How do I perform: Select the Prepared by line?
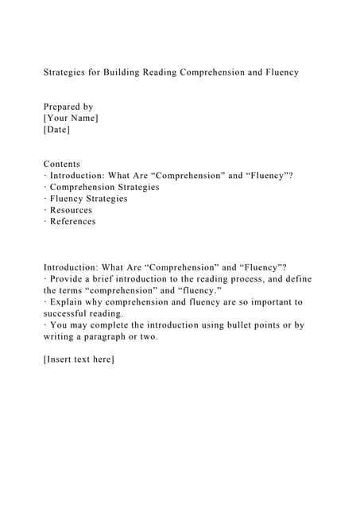coord(68,107)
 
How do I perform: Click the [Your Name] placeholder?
coord(71,118)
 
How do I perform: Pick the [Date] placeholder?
coord(56,129)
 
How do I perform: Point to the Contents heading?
coord(61,164)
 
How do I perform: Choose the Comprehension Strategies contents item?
coord(104,187)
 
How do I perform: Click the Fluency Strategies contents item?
coord(88,199)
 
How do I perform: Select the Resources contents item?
coord(71,210)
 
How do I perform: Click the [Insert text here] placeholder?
coord(79,359)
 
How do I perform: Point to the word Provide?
coord(68,279)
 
